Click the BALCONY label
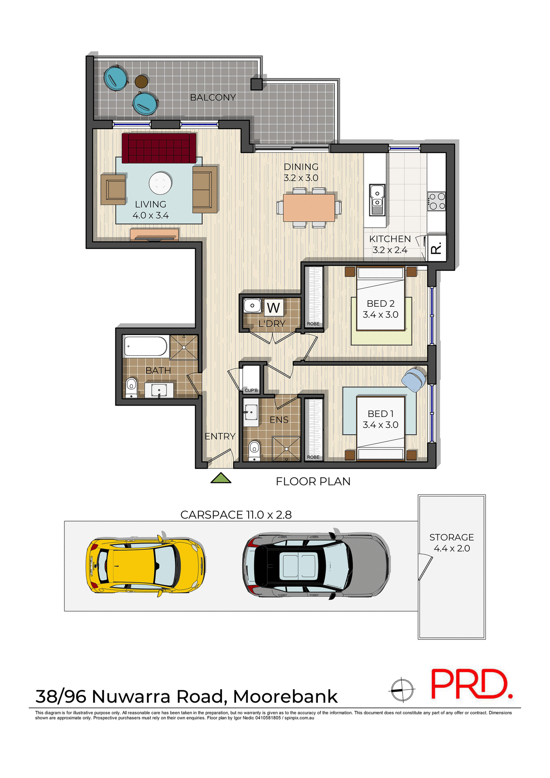pyautogui.click(x=213, y=98)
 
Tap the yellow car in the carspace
pyautogui.click(x=145, y=564)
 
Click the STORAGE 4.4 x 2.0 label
pyautogui.click(x=452, y=543)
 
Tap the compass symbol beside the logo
pyautogui.click(x=402, y=689)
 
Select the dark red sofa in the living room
pyautogui.click(x=159, y=148)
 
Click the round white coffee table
pyautogui.click(x=160, y=183)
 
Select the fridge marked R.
pyautogui.click(x=437, y=248)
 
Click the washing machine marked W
pyautogui.click(x=274, y=308)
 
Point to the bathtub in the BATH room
pyautogui.click(x=145, y=346)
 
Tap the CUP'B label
pyautogui.click(x=251, y=390)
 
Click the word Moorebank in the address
pyautogui.click(x=285, y=697)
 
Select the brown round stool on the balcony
pyautogui.click(x=141, y=81)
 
